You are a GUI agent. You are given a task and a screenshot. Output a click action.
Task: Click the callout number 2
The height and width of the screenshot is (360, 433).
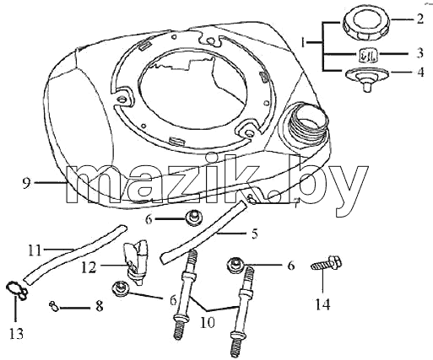(x=419, y=19)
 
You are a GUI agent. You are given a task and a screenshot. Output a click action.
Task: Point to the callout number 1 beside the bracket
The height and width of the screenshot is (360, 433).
(x=303, y=43)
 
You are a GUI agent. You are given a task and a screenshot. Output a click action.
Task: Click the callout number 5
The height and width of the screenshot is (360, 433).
(x=254, y=234)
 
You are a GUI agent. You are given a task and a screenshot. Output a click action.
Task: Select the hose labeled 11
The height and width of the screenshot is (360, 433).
(x=74, y=255)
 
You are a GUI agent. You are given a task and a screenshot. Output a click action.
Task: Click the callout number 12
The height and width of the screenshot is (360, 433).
(x=89, y=267)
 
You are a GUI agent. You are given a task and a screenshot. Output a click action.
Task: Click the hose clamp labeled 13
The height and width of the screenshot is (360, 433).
(x=15, y=290)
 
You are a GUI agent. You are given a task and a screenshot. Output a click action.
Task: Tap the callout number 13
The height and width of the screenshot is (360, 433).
(x=17, y=334)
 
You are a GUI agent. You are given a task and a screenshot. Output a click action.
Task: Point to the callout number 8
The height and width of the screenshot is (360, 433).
(x=100, y=306)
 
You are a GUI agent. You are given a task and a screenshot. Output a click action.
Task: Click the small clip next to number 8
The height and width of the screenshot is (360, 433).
(x=53, y=306)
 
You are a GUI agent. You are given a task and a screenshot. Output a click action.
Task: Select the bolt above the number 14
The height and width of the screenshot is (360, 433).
(x=327, y=262)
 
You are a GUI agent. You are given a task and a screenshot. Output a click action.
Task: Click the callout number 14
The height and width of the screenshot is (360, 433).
(x=322, y=304)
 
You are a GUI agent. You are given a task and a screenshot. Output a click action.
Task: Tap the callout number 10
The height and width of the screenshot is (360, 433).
(x=208, y=323)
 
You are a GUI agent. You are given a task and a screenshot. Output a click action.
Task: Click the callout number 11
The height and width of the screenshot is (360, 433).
(x=35, y=250)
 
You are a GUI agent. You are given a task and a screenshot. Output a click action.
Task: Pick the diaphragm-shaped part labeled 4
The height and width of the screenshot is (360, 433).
(x=366, y=78)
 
